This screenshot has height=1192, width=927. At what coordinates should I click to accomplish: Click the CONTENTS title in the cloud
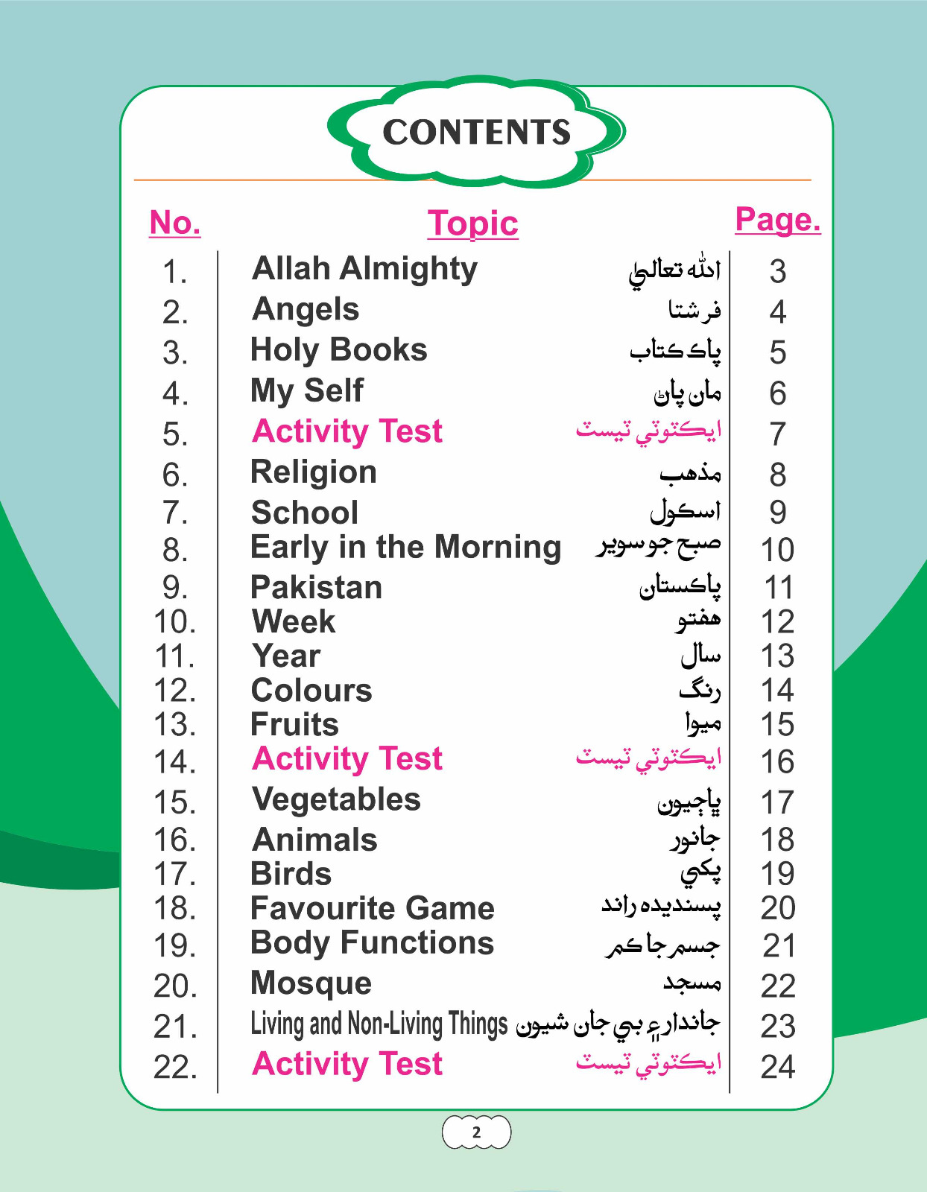pyautogui.click(x=476, y=132)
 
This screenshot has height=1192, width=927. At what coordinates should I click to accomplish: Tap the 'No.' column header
pyautogui.click(x=175, y=222)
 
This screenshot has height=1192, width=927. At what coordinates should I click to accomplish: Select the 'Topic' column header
pyautogui.click(x=472, y=223)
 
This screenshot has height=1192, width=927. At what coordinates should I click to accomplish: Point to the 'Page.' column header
pyautogui.click(x=777, y=220)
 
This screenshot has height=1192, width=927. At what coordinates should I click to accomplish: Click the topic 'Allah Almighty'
pyautogui.click(x=364, y=269)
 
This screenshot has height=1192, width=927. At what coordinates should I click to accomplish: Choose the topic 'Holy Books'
pyautogui.click(x=339, y=350)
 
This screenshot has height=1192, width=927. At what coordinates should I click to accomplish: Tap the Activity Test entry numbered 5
pyautogui.click(x=347, y=431)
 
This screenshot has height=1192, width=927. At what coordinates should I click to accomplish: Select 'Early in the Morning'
pyautogui.click(x=405, y=548)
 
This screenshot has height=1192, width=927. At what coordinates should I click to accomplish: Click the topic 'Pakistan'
pyautogui.click(x=317, y=588)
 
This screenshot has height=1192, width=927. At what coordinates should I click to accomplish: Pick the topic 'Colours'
pyautogui.click(x=311, y=691)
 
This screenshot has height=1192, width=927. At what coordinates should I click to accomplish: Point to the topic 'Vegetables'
pyautogui.click(x=336, y=800)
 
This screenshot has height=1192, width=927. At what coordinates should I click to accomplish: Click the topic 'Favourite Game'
pyautogui.click(x=373, y=909)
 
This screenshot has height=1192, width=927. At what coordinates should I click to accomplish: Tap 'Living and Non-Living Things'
pyautogui.click(x=379, y=1024)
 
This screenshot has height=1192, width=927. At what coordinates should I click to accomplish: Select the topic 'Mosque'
pyautogui.click(x=311, y=983)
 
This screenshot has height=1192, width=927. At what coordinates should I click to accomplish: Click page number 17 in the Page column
pyautogui.click(x=777, y=803)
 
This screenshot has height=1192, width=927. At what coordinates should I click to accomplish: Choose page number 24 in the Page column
pyautogui.click(x=777, y=1068)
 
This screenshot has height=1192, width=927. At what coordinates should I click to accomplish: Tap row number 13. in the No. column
pyautogui.click(x=175, y=725)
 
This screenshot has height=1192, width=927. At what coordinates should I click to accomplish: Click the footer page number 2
pyautogui.click(x=476, y=1133)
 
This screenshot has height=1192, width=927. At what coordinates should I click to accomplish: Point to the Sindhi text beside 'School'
pyautogui.click(x=686, y=511)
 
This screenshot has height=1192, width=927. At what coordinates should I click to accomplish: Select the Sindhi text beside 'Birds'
pyautogui.click(x=700, y=872)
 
